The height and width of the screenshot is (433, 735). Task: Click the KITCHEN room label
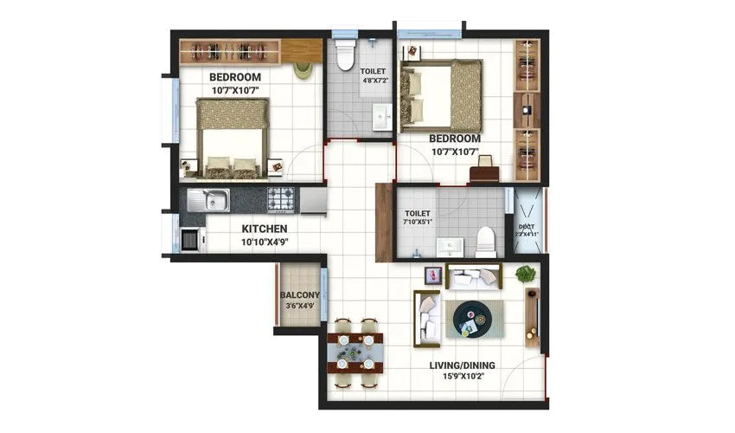point(264,229)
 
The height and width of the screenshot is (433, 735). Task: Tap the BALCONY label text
point(300,295)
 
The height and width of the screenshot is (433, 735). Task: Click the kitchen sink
point(208,201)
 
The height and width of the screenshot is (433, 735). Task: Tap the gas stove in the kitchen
point(281,200)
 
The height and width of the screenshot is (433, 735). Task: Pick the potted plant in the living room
point(525,275)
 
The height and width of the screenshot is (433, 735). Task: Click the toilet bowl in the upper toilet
point(344,55)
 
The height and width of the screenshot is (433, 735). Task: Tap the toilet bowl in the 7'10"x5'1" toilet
point(486,241)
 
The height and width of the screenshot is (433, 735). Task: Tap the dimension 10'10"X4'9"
point(264,242)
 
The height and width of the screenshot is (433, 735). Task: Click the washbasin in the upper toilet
point(380,118)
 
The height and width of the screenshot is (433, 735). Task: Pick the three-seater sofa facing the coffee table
point(428,317)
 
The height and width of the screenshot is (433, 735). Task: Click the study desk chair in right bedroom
point(484,163)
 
